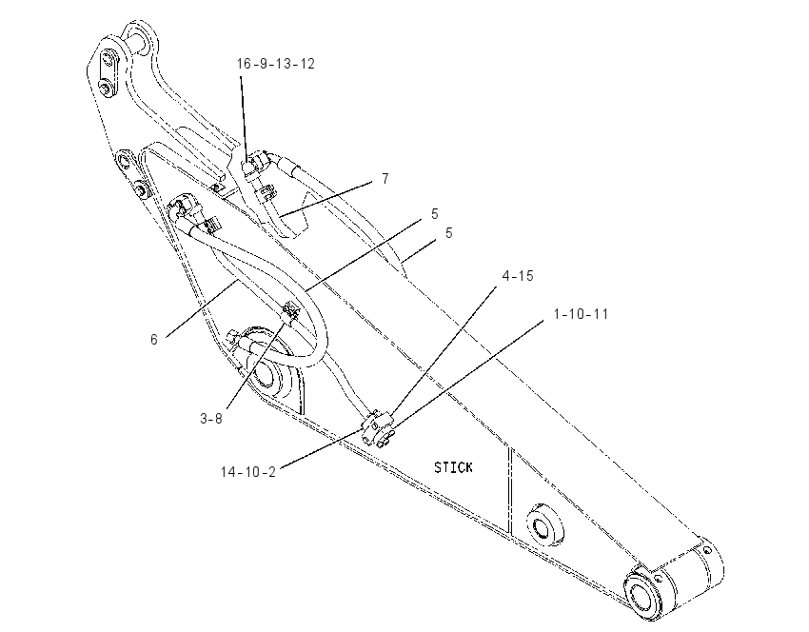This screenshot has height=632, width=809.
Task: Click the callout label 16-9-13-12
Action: [275, 64]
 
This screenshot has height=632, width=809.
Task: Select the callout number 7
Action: [385, 179]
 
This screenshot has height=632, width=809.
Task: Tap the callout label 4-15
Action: [518, 276]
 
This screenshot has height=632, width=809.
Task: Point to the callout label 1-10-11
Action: [581, 314]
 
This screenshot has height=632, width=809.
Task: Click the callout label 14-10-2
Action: [248, 471]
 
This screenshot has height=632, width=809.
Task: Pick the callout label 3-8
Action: [211, 419]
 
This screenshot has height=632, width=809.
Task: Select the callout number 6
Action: [154, 340]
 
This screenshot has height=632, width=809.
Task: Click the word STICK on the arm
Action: [453, 467]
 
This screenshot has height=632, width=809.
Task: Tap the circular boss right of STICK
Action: [543, 525]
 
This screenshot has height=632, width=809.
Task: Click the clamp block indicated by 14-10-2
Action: [378, 426]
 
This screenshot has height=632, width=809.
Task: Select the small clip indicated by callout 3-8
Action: [290, 311]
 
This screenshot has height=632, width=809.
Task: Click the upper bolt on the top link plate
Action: [109, 57]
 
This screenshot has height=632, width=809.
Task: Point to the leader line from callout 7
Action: [326, 198]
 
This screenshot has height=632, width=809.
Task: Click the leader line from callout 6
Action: [202, 308]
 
